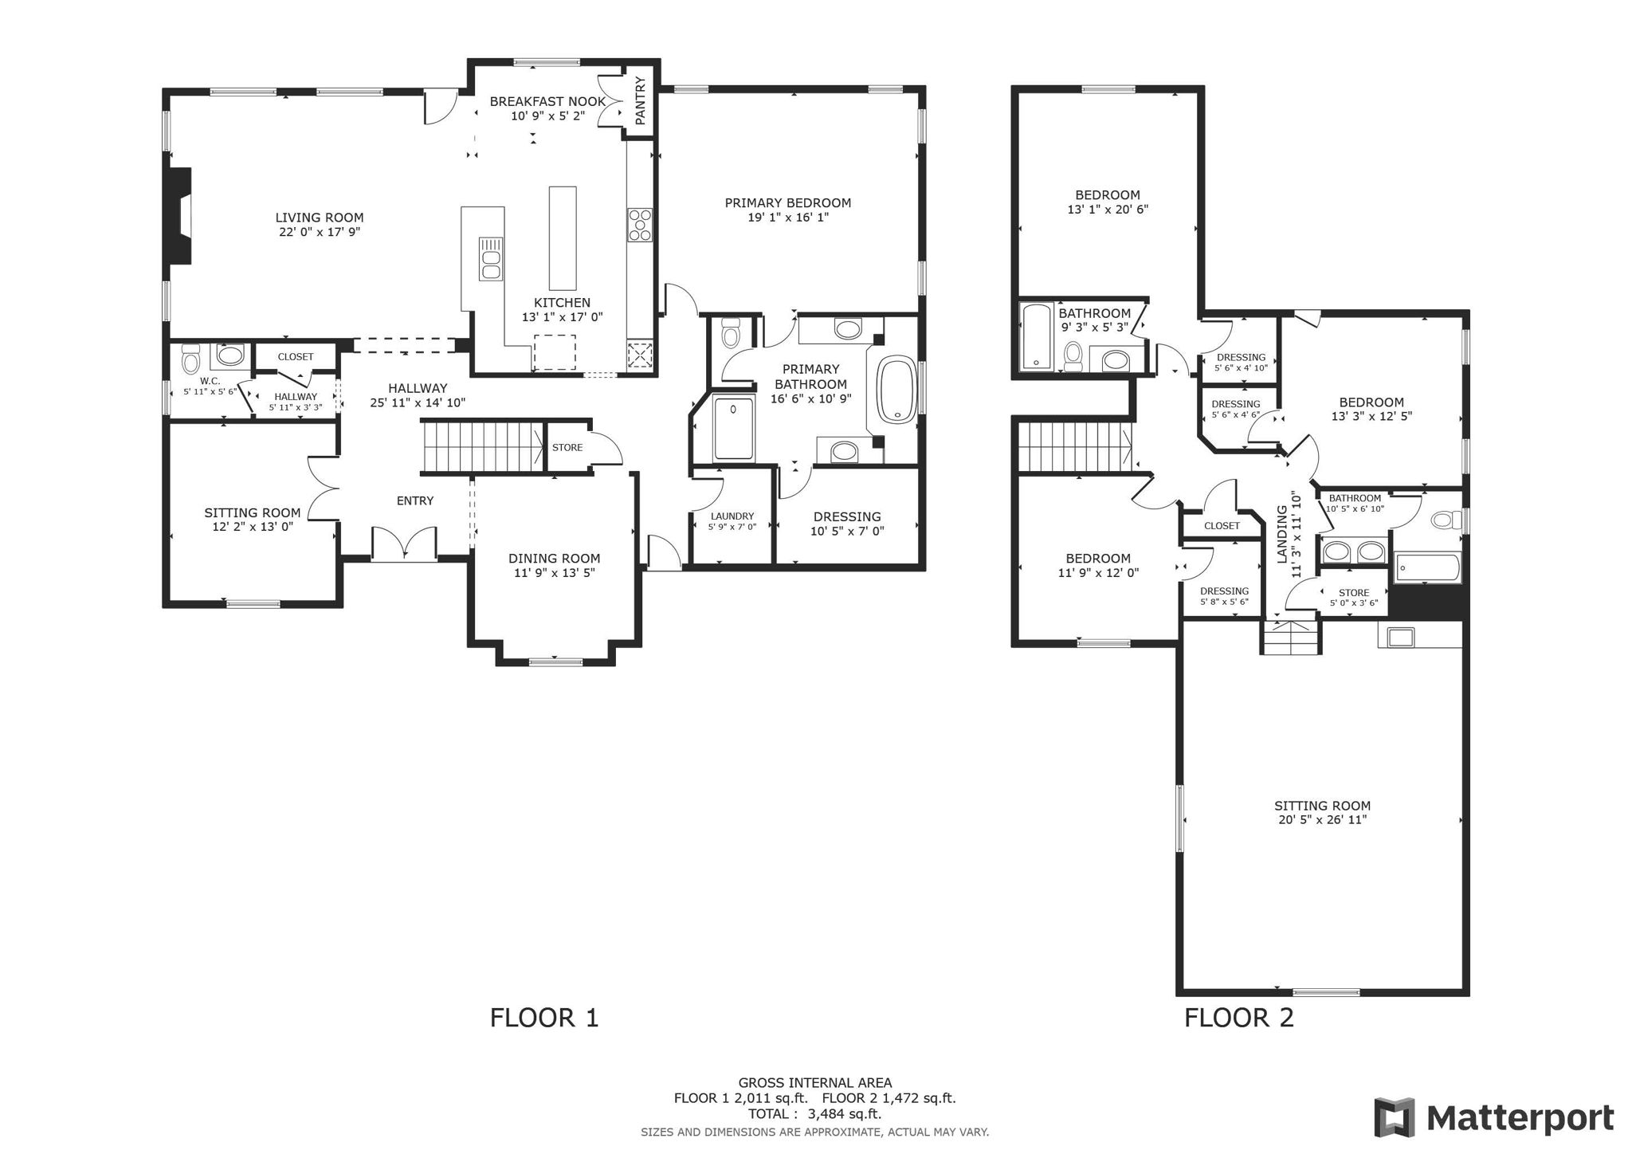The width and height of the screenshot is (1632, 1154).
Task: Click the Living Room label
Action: [x=319, y=218]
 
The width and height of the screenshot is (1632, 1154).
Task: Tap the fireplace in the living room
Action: [x=180, y=216]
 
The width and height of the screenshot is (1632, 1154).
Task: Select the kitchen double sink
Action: [x=490, y=259]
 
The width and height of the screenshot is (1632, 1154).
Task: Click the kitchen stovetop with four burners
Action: [x=639, y=225]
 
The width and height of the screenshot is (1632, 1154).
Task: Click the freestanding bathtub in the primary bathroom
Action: [x=898, y=391]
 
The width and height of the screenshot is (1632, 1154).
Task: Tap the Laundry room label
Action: [x=732, y=516]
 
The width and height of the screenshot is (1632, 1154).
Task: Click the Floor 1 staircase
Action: [x=482, y=448]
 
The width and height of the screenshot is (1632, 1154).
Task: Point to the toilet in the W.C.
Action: [x=190, y=360]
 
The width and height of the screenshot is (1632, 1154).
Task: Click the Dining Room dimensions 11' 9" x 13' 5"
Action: [x=554, y=572]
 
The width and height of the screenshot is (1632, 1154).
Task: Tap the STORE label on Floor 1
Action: [x=567, y=448]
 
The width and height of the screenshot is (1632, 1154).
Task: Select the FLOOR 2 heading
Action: [x=1238, y=1018]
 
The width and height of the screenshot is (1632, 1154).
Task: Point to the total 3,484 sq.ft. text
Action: [x=814, y=1114]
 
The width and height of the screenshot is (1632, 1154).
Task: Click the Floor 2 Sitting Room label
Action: [x=1322, y=806]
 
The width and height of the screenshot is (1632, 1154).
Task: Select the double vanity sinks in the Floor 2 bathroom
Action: [x=1354, y=551]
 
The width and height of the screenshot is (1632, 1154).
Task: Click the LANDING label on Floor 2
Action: [x=1282, y=534]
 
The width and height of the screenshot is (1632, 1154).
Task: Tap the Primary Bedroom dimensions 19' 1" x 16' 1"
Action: [x=787, y=217]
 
